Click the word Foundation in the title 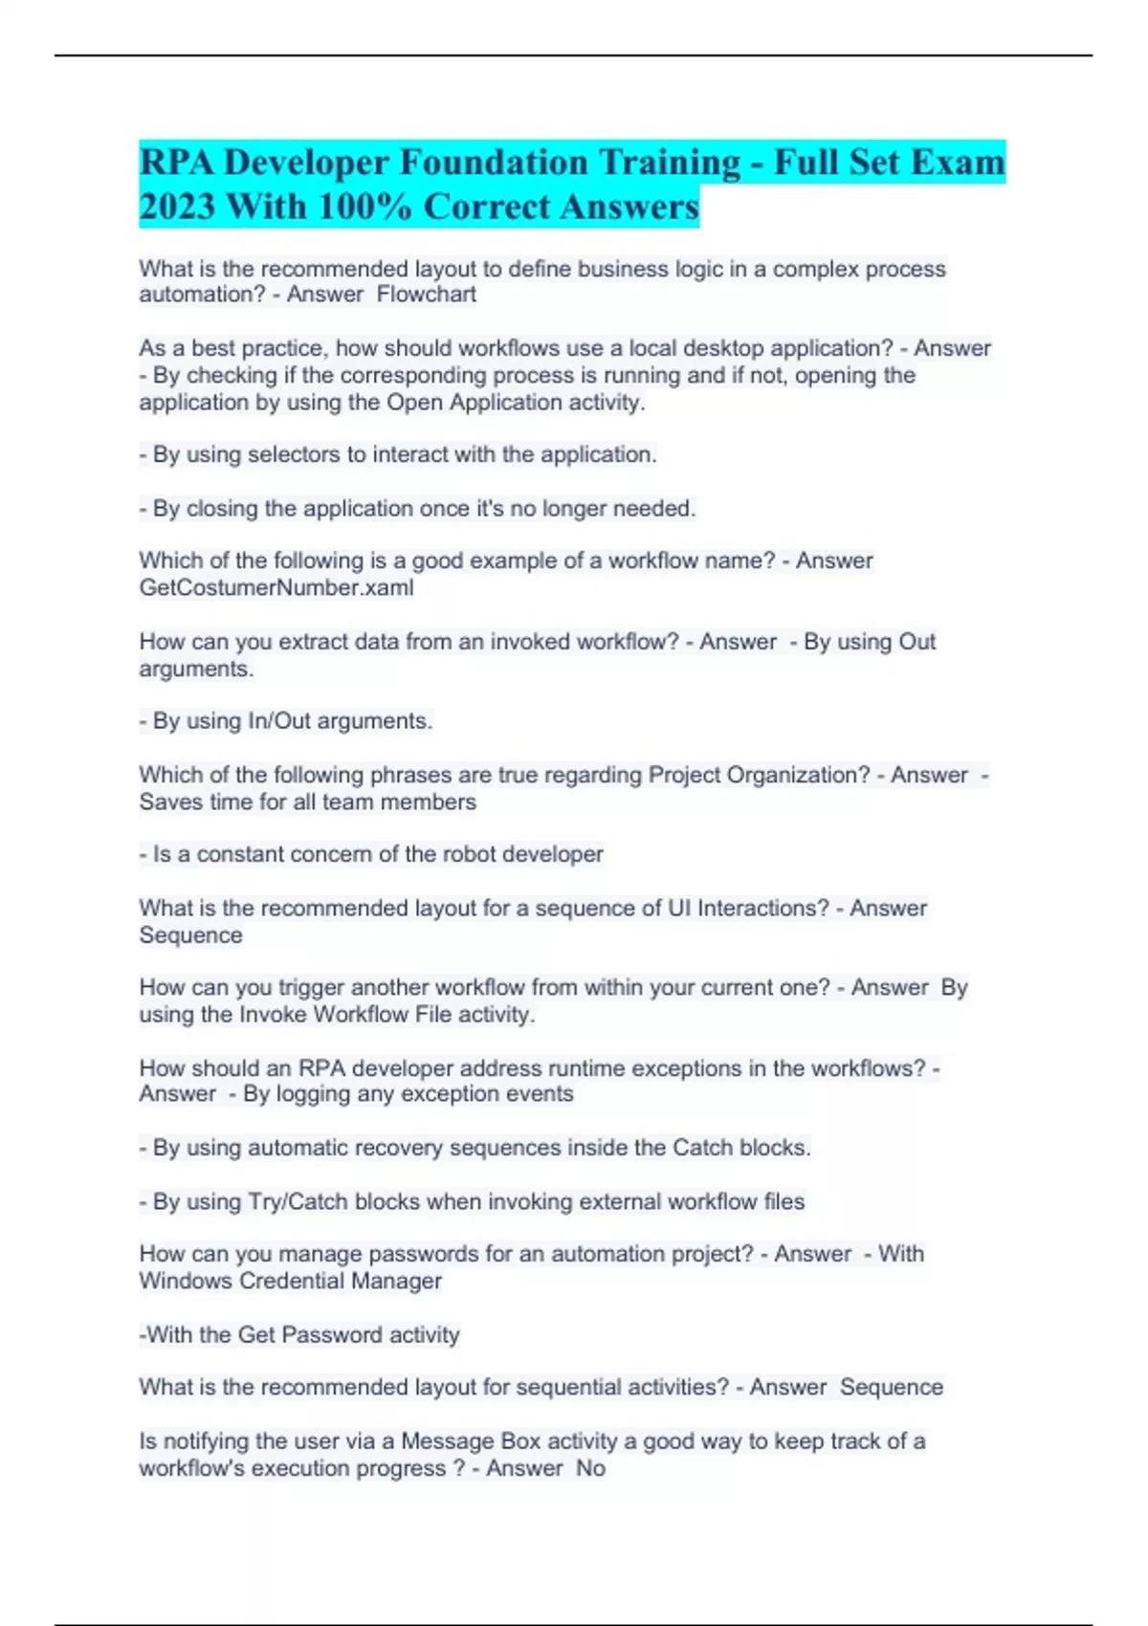coord(494,163)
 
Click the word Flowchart coord(427,295)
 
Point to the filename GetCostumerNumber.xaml coord(276,587)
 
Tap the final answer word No coord(590,1468)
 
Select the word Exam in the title coord(957,163)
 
